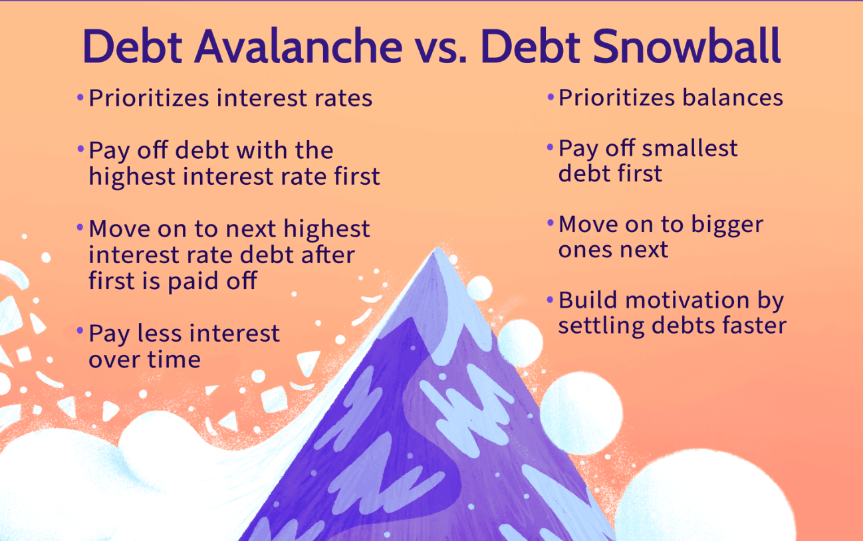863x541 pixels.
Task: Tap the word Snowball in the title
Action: coord(687,47)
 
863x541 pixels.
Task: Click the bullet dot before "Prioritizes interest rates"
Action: coord(80,97)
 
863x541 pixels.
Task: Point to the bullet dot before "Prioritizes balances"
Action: coord(550,97)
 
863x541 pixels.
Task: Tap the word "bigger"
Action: coord(727,225)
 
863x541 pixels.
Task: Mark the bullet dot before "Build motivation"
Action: coord(550,300)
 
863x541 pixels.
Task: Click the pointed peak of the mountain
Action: coord(437,249)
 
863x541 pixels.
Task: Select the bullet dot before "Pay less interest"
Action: coord(80,330)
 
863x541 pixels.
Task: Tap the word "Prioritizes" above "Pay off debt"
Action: coord(149,98)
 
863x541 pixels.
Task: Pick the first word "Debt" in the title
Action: coord(132,47)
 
